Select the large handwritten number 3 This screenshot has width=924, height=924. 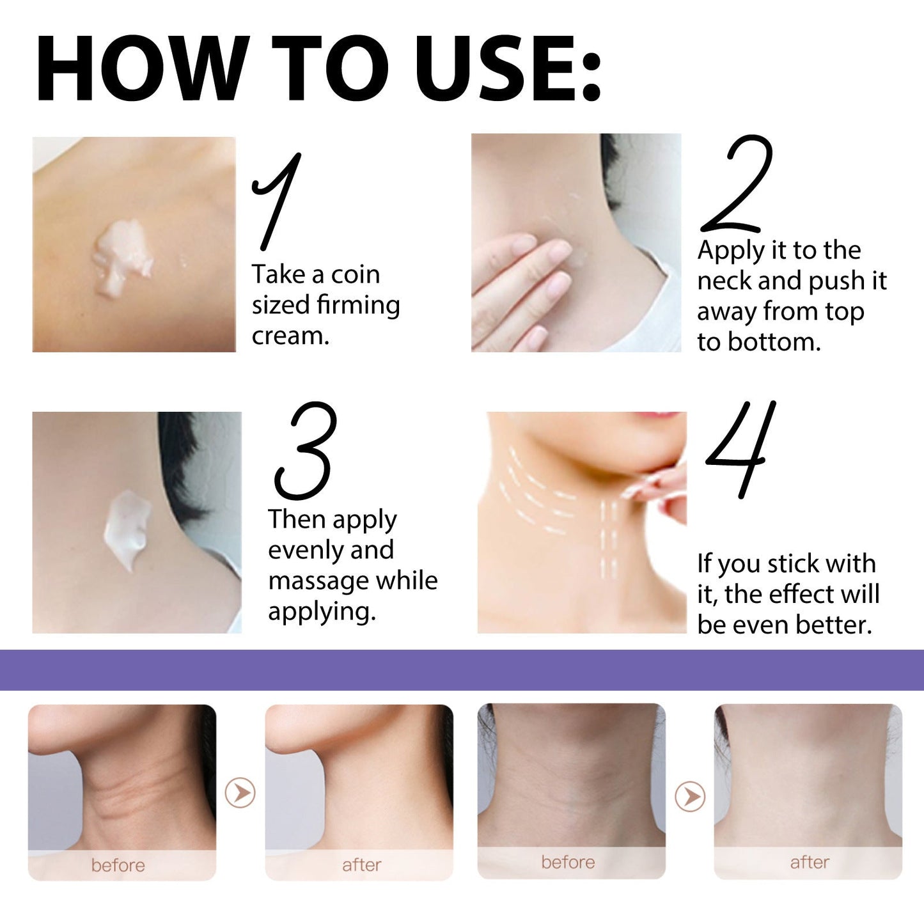pos(306,451)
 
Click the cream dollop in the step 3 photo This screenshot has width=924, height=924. pos(128,528)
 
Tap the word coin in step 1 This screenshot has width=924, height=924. pos(355,275)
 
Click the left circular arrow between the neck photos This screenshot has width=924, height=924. pos(240,793)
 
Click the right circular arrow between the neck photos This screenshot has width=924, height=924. pos(690,797)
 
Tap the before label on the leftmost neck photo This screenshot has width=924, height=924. pos(118,865)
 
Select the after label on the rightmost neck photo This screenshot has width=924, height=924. pos(810,863)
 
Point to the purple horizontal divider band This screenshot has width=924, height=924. pos(462,670)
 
